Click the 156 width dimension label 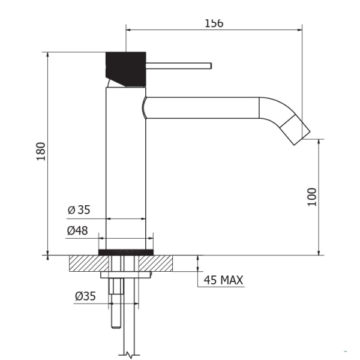tap(214, 23)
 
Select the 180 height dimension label tap(41, 152)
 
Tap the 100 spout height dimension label tap(312, 197)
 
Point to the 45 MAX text tap(223, 280)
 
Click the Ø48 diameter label tap(77, 230)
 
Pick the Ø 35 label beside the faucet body tap(79, 210)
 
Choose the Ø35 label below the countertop tap(85, 296)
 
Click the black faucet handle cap tap(125, 69)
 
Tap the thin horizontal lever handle tap(179, 66)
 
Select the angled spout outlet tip tap(295, 130)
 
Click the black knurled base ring tap(126, 252)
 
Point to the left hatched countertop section tap(89, 263)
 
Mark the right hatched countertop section tap(155, 263)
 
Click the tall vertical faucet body tap(126, 168)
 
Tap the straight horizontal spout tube tap(202, 108)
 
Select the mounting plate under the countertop tap(126, 275)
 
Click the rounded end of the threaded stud tap(116, 326)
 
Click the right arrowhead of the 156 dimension tap(300, 29)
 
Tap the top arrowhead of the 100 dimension tap(319, 142)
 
